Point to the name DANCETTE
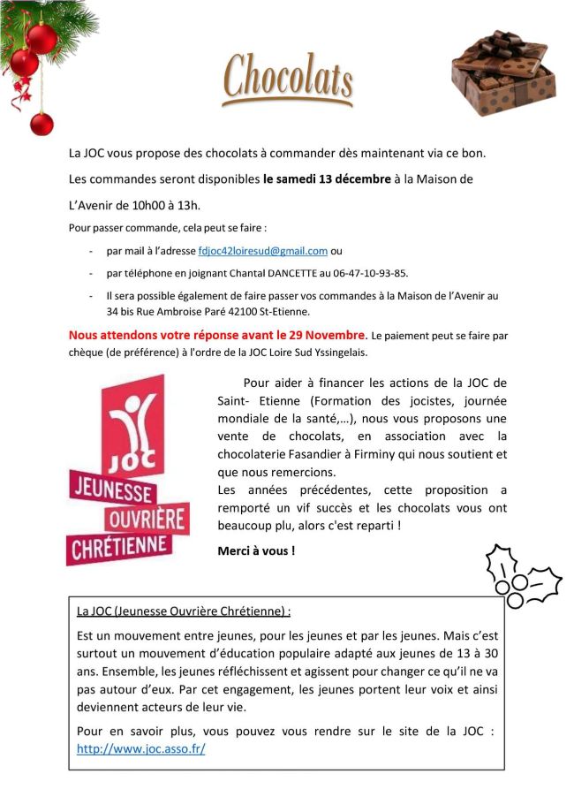(289, 273)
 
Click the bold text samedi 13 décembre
(327, 178)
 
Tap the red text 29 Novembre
(320, 335)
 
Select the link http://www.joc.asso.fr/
(141, 747)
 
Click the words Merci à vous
(256, 550)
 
